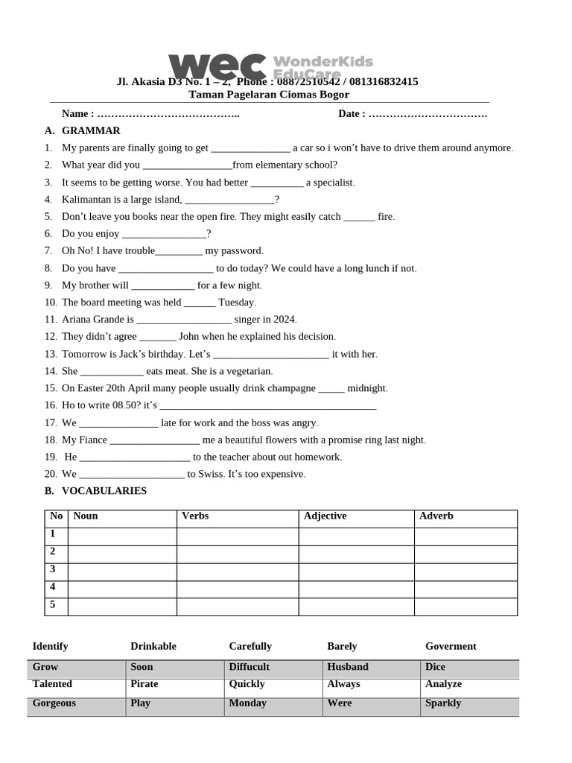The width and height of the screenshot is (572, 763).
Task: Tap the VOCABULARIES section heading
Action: click(104, 491)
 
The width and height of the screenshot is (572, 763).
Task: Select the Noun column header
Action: click(86, 516)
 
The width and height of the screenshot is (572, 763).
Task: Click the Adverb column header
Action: click(436, 516)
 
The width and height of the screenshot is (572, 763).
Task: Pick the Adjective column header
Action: click(325, 516)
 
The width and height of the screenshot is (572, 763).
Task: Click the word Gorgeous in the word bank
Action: click(54, 703)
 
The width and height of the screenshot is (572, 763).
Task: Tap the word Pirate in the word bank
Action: click(144, 684)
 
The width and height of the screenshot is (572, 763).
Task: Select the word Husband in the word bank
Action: click(348, 667)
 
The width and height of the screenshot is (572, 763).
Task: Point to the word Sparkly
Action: click(443, 703)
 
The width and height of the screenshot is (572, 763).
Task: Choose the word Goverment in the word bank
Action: click(451, 647)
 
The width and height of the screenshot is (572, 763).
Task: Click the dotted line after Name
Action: click(168, 114)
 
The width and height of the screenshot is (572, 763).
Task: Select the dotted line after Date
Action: click(428, 114)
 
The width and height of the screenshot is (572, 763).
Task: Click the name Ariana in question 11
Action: click(77, 320)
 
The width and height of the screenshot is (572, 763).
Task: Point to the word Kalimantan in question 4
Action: click(86, 200)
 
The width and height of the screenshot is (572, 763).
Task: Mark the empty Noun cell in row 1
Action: click(122, 536)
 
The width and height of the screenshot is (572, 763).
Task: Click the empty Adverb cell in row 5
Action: click(465, 607)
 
